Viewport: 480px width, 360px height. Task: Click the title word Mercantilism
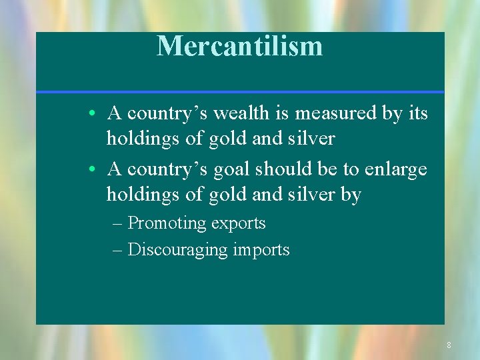coord(239,46)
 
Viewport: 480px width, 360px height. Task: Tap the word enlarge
coord(395,169)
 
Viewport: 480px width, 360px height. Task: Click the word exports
coord(238,223)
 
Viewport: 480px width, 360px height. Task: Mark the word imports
coord(261,250)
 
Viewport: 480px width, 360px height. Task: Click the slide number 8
coord(449,345)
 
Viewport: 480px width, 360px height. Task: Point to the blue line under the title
coord(240,92)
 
